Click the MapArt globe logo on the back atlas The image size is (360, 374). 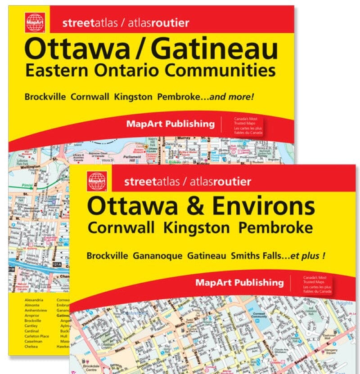[35, 22]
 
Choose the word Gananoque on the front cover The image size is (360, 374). [157, 256]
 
